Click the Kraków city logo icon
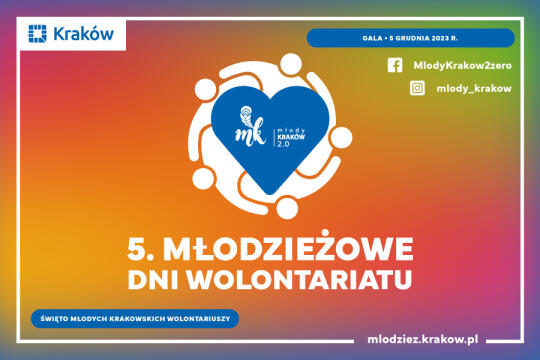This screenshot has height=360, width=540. click(37, 33)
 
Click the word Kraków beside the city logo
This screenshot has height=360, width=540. click(83, 34)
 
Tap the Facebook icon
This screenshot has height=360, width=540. click(395, 65)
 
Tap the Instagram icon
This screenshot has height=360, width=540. click(417, 88)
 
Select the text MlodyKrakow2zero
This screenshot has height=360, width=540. click(463, 65)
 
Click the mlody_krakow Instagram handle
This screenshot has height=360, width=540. click(474, 89)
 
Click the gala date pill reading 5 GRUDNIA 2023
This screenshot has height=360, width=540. click(411, 38)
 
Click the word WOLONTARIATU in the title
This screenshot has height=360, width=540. click(300, 280)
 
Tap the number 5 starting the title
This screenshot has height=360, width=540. click(135, 249)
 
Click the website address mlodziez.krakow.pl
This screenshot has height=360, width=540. click(423, 339)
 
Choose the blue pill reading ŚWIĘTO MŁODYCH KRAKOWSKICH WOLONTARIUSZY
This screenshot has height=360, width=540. click(135, 319)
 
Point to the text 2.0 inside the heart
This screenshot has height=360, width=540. click(283, 144)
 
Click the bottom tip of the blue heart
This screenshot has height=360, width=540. click(270, 194)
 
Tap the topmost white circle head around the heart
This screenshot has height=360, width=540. click(291, 64)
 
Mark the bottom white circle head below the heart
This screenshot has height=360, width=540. click(287, 207)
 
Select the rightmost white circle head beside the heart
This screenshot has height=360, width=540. click(341, 137)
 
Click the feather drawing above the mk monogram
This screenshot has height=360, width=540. click(246, 115)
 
